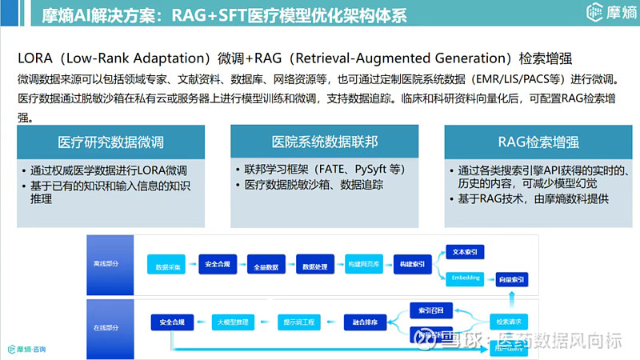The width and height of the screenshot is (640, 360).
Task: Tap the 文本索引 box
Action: coord(465,252)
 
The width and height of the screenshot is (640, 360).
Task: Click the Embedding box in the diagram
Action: coord(466,278)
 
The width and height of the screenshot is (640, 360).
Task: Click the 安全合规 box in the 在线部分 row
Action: coord(171,322)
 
